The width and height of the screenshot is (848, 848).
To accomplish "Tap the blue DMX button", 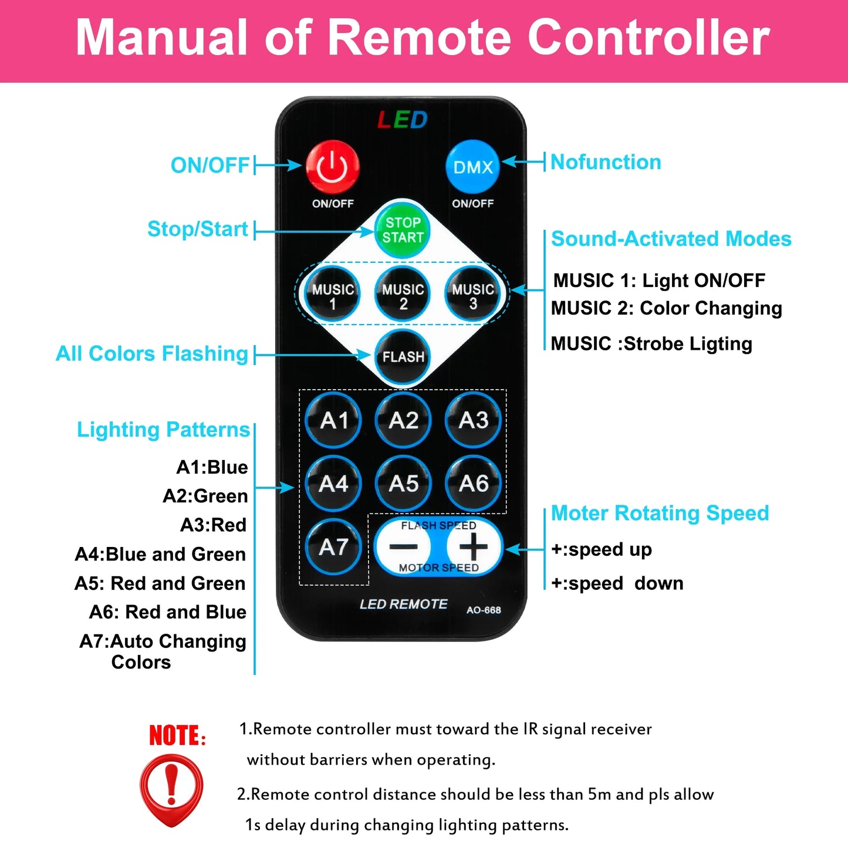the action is pyautogui.click(x=472, y=167).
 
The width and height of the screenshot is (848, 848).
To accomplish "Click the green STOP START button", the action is pyautogui.click(x=402, y=229).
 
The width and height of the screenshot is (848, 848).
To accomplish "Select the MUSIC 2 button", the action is pyautogui.click(x=402, y=293).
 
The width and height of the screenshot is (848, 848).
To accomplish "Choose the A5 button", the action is pyautogui.click(x=403, y=483).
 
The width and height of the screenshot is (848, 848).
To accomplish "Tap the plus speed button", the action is pyautogui.click(x=473, y=546).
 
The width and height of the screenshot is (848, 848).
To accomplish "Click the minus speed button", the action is pyautogui.click(x=403, y=546).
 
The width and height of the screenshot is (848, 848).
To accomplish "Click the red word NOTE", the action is pyautogui.click(x=177, y=735).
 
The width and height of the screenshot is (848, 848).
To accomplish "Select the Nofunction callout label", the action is pyautogui.click(x=606, y=162).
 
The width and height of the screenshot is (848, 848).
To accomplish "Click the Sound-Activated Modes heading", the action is pyautogui.click(x=671, y=239).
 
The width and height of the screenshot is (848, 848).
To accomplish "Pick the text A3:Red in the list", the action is pyautogui.click(x=213, y=525).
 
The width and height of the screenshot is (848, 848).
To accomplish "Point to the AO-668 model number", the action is pyautogui.click(x=484, y=610).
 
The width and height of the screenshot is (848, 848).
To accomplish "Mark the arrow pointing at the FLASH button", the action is pyautogui.click(x=312, y=354).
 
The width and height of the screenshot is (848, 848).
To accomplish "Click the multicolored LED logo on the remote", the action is pyautogui.click(x=402, y=120).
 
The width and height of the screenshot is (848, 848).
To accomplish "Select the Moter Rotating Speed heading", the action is pyautogui.click(x=660, y=513).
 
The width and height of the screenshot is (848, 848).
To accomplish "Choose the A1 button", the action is pyautogui.click(x=333, y=420).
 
